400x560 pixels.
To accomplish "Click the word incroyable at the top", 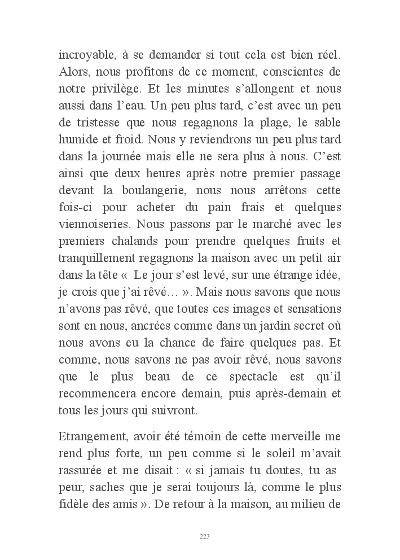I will [86, 56].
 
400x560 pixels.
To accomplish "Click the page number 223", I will [205, 536].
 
